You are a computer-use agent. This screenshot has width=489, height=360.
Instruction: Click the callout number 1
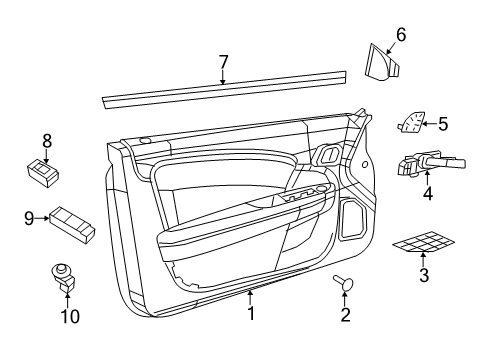tap(251, 313)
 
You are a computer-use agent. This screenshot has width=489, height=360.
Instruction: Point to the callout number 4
tap(427, 194)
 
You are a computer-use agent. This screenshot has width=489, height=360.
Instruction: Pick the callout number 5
tap(443, 125)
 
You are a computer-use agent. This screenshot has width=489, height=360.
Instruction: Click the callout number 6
tap(400, 34)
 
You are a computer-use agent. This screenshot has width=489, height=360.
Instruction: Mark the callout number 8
tap(46, 141)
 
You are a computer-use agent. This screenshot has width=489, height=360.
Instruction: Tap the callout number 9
tap(29, 216)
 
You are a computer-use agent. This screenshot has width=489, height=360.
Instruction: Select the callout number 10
tap(69, 316)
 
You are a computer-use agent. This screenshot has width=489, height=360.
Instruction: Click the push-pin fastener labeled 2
tap(345, 286)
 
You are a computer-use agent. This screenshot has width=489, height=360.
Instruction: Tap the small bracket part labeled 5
tap(411, 124)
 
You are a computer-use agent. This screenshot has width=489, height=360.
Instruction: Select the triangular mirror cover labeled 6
tap(384, 61)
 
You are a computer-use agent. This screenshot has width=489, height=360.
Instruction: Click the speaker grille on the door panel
tap(353, 217)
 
